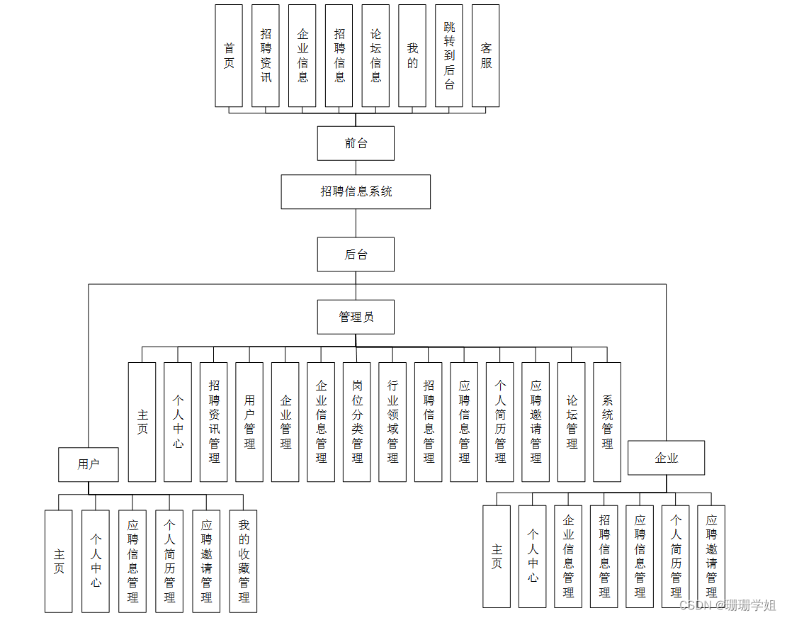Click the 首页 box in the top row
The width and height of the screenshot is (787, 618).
coord(229,56)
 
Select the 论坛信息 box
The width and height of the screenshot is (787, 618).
coord(375,56)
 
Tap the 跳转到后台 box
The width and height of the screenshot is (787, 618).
coord(449,56)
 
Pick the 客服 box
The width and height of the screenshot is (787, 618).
coord(485,56)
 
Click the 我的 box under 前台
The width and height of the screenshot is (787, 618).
coord(412,56)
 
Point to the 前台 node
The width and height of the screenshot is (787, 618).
coord(356,144)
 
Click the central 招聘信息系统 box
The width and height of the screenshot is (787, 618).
coord(356,191)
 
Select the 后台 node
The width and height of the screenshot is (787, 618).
coord(356,254)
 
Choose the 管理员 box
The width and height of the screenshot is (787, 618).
coord(356,317)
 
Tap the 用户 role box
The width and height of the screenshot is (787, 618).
coord(89,465)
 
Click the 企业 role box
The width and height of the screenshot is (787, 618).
coord(666,458)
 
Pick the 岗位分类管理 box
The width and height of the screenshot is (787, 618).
coord(357,422)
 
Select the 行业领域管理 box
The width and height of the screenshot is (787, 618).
coord(392,422)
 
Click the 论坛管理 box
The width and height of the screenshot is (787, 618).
coord(572,422)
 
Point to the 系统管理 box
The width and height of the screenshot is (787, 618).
coord(607,422)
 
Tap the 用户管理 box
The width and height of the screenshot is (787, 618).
coord(249,422)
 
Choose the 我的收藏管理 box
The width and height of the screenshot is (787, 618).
coord(243,561)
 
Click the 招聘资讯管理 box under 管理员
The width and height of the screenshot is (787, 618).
coord(214,422)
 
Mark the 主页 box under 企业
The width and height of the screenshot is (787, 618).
coord(497,556)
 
